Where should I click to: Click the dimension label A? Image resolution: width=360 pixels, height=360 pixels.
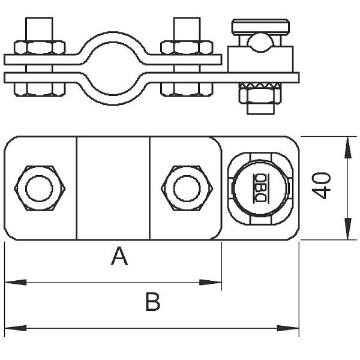pyautogui.click(x=119, y=256)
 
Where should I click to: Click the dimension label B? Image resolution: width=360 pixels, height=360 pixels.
pyautogui.click(x=152, y=301)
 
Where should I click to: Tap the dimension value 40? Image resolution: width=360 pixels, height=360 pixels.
pyautogui.click(x=322, y=185)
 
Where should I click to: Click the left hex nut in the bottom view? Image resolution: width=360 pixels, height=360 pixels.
pyautogui.click(x=40, y=188)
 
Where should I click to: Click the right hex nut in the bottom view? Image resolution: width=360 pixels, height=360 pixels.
pyautogui.click(x=187, y=188)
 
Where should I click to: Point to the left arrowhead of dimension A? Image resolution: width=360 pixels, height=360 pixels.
pyautogui.click(x=16, y=283)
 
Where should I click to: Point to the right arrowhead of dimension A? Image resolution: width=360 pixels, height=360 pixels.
pyautogui.click(x=211, y=283)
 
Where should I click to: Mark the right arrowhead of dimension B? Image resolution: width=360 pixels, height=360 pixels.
pyautogui.click(x=288, y=328)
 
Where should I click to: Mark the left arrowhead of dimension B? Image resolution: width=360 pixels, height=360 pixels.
pyautogui.click(x=16, y=328)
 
